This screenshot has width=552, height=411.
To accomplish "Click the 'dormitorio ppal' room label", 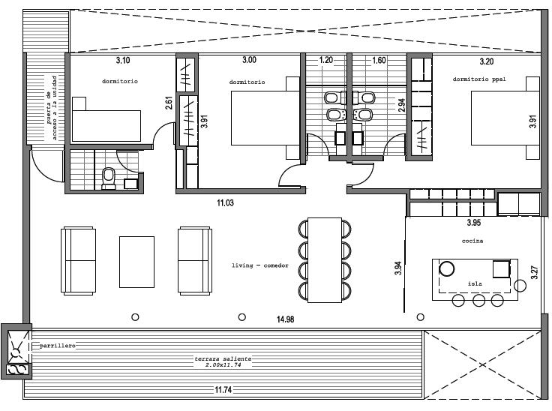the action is point(479,79).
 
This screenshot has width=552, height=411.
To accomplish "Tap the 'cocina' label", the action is point(472,241).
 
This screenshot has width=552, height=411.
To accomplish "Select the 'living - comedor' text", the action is point(259,265).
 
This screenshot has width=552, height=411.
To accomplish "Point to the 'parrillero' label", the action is point(58,346).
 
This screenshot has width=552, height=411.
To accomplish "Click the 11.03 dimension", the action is point(225,202).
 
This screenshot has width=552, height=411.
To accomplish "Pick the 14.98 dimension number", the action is point(285,319).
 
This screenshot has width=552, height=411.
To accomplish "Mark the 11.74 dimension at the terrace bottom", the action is point(223,389).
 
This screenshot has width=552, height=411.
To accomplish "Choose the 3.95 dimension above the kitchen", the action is point(474,223).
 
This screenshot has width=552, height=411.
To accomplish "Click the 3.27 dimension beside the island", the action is point(534,272).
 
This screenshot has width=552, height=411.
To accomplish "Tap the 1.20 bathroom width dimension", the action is point(326,60).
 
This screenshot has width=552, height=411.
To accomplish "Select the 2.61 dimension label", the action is point(169,103).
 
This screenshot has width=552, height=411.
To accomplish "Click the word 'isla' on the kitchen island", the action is point(475,283).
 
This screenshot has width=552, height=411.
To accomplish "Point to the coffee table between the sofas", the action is point(136,262).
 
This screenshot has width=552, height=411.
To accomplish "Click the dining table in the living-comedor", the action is point(325,260).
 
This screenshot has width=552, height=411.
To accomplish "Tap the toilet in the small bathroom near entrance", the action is point(109,178).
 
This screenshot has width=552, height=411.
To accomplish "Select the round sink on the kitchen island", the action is point(447,268).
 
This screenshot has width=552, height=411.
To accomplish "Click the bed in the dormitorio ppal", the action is point(505,118).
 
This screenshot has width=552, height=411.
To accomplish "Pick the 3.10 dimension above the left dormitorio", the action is point(123,60).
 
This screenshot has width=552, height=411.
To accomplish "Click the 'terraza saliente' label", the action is point(223,358).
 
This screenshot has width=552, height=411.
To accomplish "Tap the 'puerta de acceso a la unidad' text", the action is point(52,107).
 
